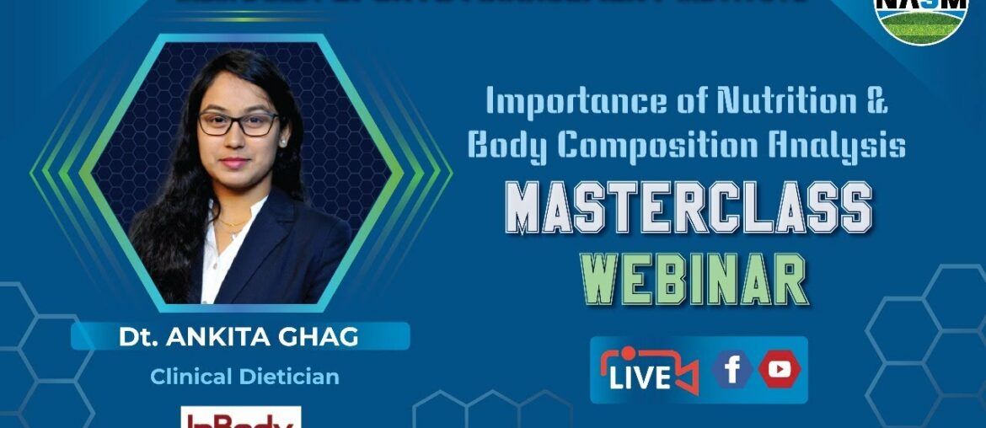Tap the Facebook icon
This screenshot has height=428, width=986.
click(x=732, y=370)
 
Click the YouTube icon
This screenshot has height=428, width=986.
click(x=780, y=370)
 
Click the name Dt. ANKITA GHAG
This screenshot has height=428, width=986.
click(x=239, y=336)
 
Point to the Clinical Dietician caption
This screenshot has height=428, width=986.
click(x=244, y=377)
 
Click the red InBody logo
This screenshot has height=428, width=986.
click(x=241, y=418)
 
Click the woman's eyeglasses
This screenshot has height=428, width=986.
click(x=238, y=124)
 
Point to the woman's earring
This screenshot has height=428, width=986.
click(x=282, y=142)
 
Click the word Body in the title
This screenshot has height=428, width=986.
click(x=504, y=145)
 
